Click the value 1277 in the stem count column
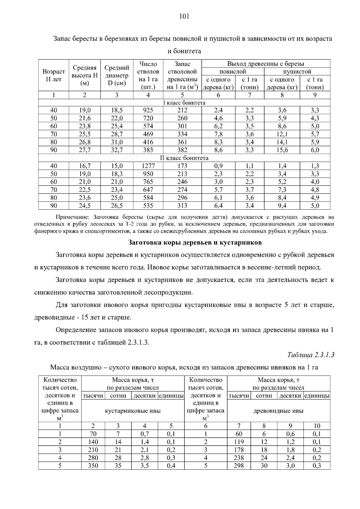point(148,166)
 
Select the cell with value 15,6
point(282,150)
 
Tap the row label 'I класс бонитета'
point(184,103)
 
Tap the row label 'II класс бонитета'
point(184,158)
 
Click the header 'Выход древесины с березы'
point(265,64)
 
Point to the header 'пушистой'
point(297,72)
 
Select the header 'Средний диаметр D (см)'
point(117,75)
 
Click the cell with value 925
point(148,110)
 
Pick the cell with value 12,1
point(282,134)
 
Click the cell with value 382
point(182,150)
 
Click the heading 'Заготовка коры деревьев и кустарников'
point(195,242)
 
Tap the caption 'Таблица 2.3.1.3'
point(310,355)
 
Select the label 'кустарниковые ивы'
point(133,411)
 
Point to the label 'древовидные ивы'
point(278,411)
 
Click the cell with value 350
point(93,466)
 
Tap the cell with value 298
point(239,466)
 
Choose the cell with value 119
point(239,442)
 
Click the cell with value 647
point(148,190)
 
